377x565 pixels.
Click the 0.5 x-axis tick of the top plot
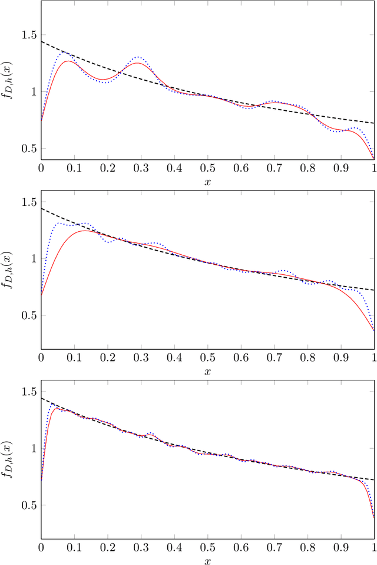(x=207, y=168)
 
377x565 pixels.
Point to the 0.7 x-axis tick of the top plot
(x=275, y=168)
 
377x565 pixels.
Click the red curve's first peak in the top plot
(x=68, y=61)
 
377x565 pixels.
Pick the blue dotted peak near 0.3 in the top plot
(x=138, y=57)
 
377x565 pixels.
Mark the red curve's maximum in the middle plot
(x=85, y=231)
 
